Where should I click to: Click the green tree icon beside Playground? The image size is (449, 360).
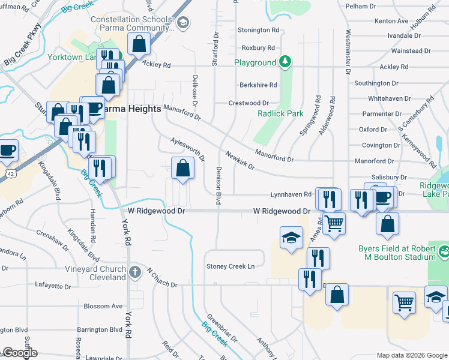pos(285,62)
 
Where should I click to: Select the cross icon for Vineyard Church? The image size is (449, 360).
pos(135,272)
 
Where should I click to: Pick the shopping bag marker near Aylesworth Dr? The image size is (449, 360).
pos(182,169)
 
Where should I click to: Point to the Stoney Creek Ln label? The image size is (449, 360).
pos(231,266)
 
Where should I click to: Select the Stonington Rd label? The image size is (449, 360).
pos(259,30)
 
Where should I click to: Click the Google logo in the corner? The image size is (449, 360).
pos(19,353)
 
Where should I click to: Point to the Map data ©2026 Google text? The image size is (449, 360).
pos(412,355)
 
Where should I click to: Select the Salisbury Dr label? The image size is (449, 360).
pos(389,177)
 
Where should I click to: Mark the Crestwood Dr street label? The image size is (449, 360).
pos(249,103)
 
